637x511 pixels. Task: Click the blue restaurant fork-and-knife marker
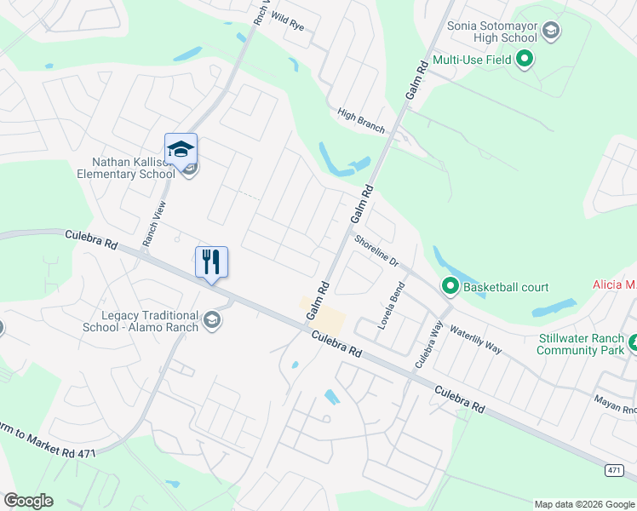[212, 261]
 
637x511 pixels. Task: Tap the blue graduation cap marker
[181, 149]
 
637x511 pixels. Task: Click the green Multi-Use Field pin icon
[525, 59]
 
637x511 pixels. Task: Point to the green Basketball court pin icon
[449, 286]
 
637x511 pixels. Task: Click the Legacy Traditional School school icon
[211, 320]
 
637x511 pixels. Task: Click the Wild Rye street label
[287, 22]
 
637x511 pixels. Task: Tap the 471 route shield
[615, 470]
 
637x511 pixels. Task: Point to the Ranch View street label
[154, 224]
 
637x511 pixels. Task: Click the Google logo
[28, 501]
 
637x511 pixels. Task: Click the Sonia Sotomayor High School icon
[551, 32]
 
